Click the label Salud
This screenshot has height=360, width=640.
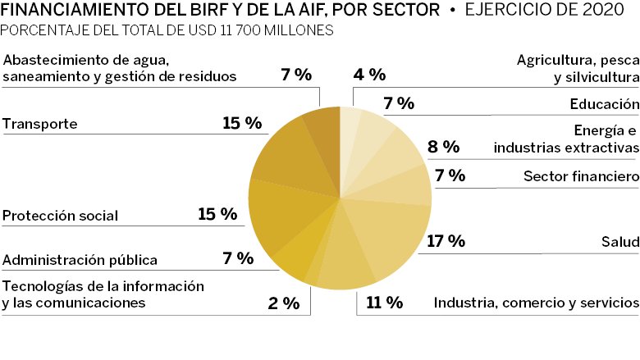pos(619,242)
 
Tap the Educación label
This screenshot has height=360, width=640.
pos(604,104)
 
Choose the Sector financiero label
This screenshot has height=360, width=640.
pos(580,176)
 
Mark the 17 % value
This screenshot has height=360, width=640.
pos(446,241)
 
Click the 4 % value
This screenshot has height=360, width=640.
pos(369,75)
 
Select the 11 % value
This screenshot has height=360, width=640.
pos(384,303)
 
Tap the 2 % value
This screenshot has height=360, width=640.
pos(284,303)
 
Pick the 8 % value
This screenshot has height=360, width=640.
pos(443,148)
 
